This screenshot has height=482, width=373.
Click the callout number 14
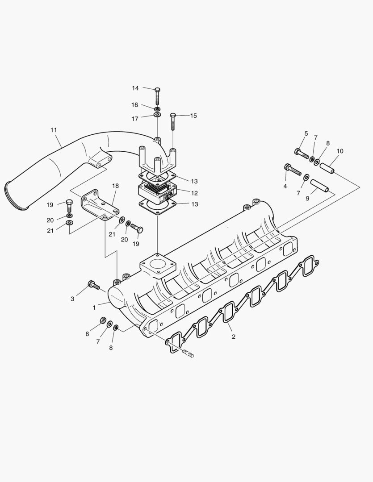click(x=135, y=88)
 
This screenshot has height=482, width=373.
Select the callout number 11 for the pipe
click(x=54, y=130)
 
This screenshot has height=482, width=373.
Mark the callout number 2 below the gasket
click(x=233, y=337)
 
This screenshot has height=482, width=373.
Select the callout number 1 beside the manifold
click(x=94, y=307)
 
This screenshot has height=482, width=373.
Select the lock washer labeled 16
click(x=158, y=108)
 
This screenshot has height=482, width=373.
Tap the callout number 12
click(x=195, y=193)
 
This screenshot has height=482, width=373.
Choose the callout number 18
click(x=115, y=185)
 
